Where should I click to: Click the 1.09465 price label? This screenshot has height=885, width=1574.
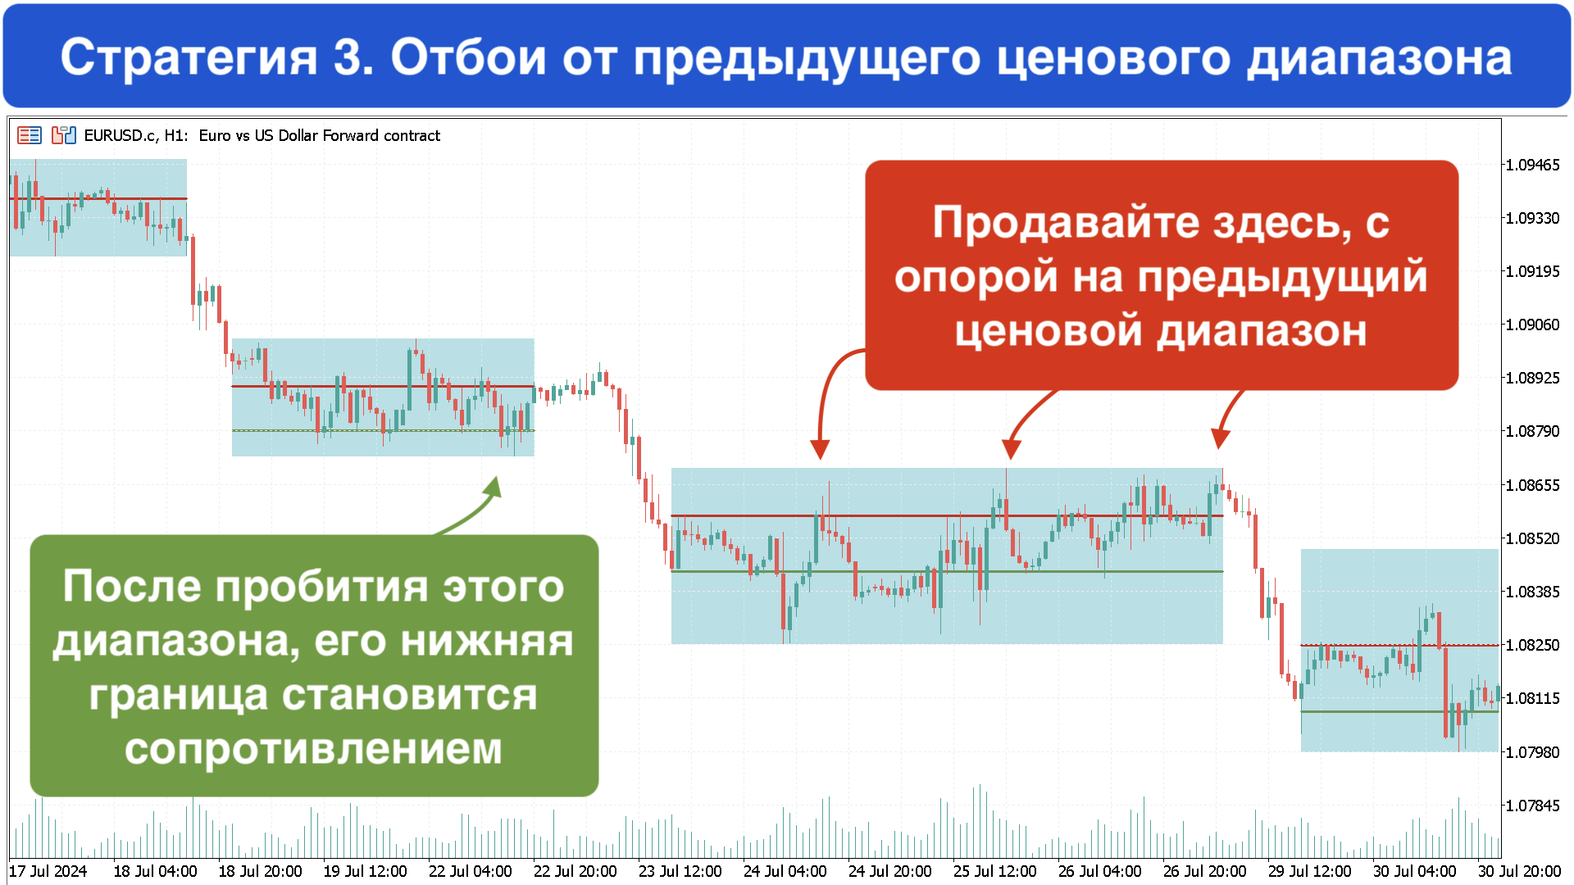[x=1532, y=165]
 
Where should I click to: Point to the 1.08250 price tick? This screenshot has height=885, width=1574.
[x=1532, y=645]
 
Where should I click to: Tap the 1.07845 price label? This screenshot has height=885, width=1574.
[x=1532, y=806]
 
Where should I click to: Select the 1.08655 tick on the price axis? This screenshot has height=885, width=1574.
[x=1532, y=485]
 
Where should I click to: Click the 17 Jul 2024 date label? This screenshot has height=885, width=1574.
[x=48, y=871]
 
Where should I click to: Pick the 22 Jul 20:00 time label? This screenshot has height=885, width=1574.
[x=575, y=871]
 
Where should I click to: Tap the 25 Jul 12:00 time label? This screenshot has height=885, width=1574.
[x=994, y=871]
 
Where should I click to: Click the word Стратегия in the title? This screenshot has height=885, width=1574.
[x=189, y=58]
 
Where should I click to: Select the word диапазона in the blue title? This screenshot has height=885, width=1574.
[x=1380, y=59]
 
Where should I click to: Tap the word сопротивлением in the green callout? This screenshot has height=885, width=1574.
[x=313, y=748]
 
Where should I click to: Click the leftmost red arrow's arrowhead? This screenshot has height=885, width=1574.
[x=820, y=449]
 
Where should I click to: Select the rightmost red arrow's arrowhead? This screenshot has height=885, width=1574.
[x=1220, y=439]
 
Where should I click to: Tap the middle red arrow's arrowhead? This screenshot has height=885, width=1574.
[x=1011, y=449]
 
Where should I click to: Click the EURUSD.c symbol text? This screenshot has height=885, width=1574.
[x=121, y=135]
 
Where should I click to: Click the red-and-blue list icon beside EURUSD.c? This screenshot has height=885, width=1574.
[x=30, y=135]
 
